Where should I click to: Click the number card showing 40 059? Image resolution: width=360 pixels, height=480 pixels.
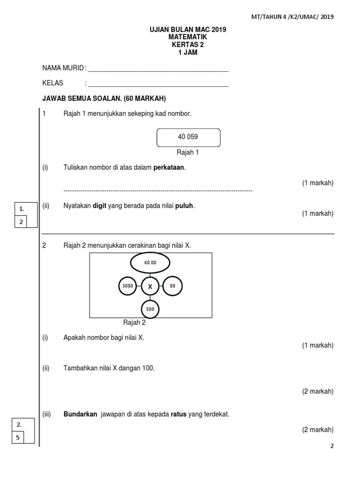click(x=187, y=137)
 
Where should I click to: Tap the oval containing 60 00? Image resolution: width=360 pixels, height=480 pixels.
click(x=150, y=263)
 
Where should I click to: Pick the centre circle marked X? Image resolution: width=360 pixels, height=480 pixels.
click(x=150, y=286)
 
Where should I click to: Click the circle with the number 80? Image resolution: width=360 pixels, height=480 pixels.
click(x=172, y=285)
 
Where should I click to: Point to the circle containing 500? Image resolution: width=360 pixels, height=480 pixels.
click(x=150, y=309)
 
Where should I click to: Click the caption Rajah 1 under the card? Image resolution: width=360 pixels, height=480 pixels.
click(x=187, y=152)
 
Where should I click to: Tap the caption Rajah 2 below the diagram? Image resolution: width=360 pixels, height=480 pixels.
click(x=134, y=322)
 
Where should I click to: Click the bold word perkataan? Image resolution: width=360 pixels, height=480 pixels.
click(x=169, y=168)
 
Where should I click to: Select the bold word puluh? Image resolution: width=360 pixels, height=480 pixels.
click(x=184, y=205)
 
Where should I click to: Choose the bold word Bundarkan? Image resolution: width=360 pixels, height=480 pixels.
click(x=80, y=414)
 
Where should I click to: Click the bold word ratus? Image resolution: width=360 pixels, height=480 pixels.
click(x=178, y=414)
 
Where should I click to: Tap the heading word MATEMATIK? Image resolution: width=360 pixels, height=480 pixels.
click(x=187, y=37)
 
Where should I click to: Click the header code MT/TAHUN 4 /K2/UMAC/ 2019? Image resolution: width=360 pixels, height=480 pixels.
click(x=292, y=17)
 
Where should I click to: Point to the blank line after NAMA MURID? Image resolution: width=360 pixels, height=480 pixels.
click(x=158, y=70)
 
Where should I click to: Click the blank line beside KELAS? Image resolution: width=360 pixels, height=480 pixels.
click(x=158, y=85)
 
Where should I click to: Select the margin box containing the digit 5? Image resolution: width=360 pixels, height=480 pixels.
click(x=19, y=437)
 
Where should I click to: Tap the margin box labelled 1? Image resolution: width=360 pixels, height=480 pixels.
click(x=21, y=209)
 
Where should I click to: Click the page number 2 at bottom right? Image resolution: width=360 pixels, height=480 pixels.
click(x=332, y=446)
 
